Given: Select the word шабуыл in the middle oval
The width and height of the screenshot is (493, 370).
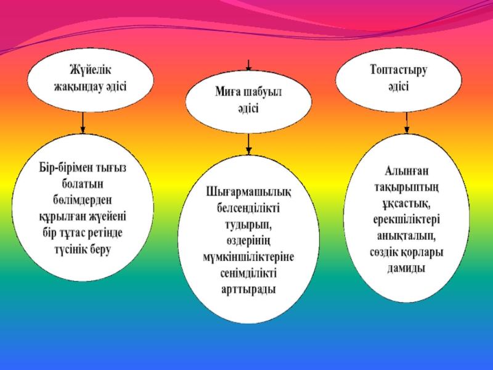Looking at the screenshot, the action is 261,93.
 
